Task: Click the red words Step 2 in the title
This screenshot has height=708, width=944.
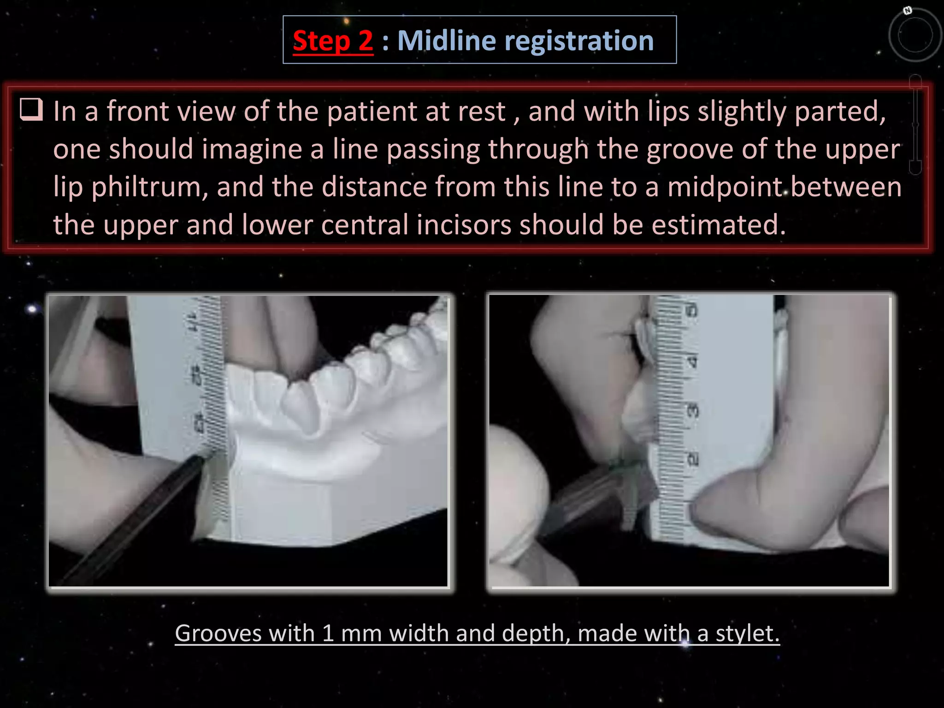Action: [333, 41]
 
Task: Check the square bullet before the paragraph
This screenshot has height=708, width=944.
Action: [31, 110]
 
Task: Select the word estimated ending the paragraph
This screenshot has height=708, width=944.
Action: [718, 225]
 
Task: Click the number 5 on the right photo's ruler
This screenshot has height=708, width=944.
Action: [692, 310]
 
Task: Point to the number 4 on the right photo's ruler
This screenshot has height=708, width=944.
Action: [692, 361]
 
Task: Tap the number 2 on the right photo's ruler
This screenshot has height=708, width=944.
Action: [692, 459]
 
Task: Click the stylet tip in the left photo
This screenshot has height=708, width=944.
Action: [201, 458]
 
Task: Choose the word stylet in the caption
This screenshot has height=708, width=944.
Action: [747, 633]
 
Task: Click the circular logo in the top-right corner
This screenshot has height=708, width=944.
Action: [915, 35]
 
